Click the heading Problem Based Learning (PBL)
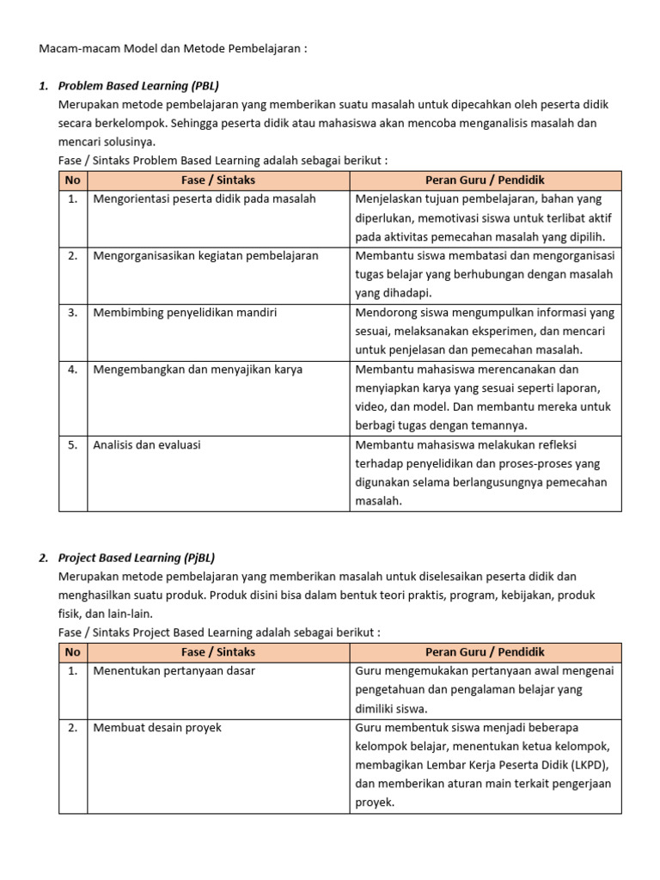144,86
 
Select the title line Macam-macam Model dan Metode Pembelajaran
173,48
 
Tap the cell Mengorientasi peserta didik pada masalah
205,199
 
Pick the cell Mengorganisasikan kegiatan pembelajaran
205,256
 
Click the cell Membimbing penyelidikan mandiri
185,313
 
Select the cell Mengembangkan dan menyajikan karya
198,370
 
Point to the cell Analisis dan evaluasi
147,445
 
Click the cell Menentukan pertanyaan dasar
174,671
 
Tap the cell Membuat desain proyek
157,728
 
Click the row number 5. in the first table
73,445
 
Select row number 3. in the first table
73,313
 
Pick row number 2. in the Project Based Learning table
73,728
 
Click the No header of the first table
73,180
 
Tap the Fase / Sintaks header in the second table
218,652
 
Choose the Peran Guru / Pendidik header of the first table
485,180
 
